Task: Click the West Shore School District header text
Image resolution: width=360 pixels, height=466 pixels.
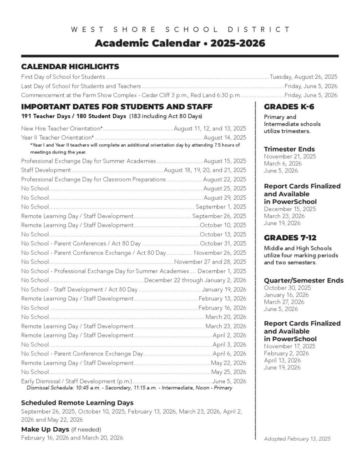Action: [180, 30]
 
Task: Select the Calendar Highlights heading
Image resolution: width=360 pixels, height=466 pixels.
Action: [70, 66]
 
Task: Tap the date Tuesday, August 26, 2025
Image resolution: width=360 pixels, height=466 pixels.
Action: [304, 77]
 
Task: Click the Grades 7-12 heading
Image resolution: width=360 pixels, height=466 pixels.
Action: [290, 238]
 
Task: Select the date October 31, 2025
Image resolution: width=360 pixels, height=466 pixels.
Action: [223, 243]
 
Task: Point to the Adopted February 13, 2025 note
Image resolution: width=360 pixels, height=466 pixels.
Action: [297, 439]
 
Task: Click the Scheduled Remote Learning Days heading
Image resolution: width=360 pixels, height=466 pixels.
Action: [77, 403]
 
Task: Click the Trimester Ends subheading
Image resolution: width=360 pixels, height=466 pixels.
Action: [289, 149]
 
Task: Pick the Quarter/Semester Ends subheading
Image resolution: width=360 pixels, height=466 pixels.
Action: [304, 280]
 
